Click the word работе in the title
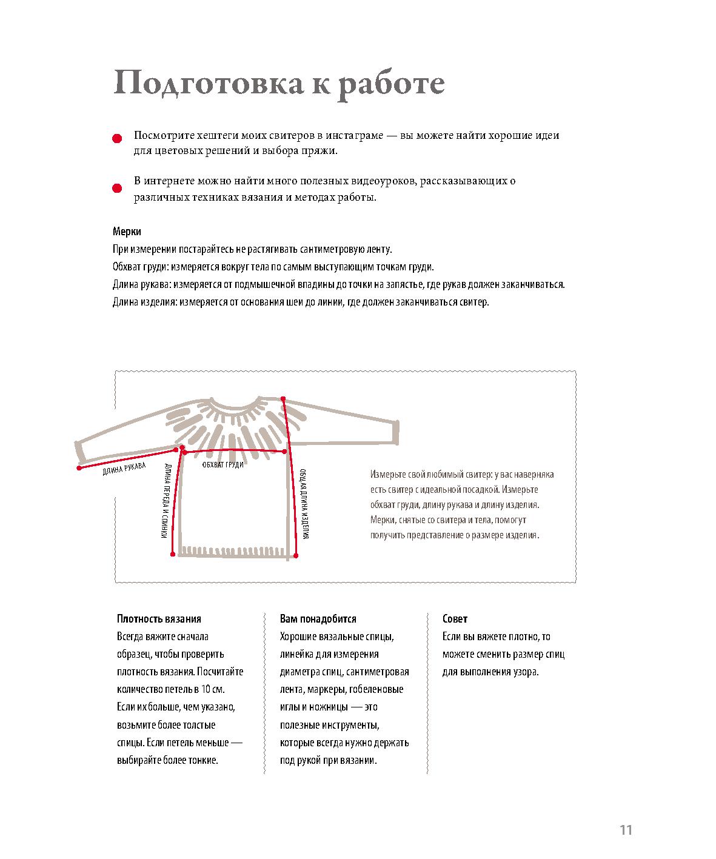[391, 84]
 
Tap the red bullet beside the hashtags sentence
[117, 139]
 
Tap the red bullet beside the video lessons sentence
[117, 188]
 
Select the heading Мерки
[127, 232]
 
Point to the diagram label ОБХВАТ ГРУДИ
[222, 464]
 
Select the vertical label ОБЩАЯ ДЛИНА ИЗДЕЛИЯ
[305, 503]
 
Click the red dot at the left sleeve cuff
[79, 468]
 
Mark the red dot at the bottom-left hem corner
[173, 554]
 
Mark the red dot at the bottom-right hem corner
[296, 555]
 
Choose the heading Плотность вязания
[159, 619]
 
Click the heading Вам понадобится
[318, 619]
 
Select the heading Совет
[455, 619]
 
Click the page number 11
[626, 830]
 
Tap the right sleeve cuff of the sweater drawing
[395, 432]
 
